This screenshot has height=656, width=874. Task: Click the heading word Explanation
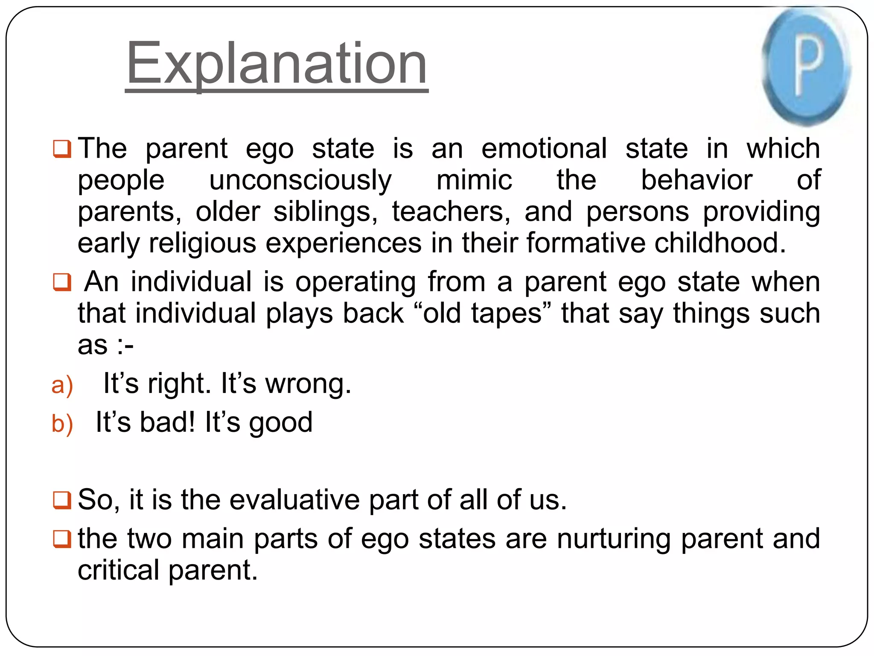[277, 64]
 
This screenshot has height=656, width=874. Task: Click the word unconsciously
[300, 180]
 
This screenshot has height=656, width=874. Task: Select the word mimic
[474, 180]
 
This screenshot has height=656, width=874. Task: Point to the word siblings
[324, 212]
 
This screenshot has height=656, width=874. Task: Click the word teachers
[451, 212]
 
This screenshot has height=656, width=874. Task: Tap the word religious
[203, 243]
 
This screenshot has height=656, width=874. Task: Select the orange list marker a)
[62, 385]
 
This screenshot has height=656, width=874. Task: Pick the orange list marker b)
[62, 424]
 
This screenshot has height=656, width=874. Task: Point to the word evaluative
[294, 500]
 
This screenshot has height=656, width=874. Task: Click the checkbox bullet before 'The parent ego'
[62, 149]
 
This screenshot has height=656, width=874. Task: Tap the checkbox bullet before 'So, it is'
[62, 500]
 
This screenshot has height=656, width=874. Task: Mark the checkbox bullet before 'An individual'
[62, 282]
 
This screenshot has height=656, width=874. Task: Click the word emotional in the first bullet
[544, 149]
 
